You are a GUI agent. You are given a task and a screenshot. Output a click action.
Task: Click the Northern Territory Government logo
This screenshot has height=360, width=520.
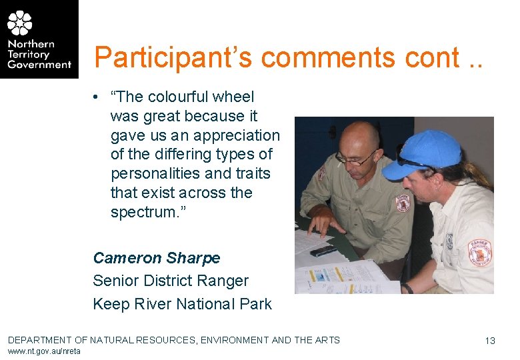(39, 39)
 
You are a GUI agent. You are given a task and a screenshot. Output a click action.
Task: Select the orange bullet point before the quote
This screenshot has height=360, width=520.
(97, 97)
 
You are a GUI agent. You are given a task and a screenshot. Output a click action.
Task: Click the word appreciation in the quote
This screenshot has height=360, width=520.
(237, 135)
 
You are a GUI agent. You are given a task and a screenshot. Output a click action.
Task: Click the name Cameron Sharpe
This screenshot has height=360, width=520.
(156, 257)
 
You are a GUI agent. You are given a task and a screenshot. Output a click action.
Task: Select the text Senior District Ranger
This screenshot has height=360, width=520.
(171, 281)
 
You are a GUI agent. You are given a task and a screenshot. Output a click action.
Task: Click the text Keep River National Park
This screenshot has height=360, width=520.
(182, 304)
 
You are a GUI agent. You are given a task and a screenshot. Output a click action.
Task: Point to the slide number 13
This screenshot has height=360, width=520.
(490, 341)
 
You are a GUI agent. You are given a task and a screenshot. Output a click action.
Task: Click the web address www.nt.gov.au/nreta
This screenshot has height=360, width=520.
(44, 351)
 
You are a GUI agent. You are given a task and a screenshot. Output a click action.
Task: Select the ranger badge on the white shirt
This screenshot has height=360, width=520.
(479, 252)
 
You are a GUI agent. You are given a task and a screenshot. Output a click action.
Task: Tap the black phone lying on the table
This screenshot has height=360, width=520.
(323, 251)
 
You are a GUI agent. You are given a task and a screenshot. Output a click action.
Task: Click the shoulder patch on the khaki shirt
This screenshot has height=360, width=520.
(402, 203)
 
